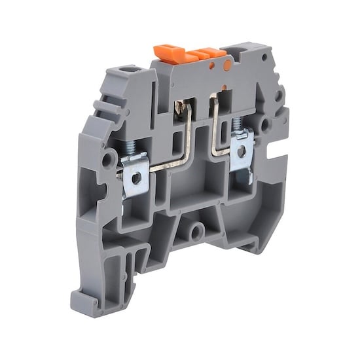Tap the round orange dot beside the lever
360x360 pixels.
[227, 66]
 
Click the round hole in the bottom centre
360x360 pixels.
[194, 231]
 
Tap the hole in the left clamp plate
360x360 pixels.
[136, 177]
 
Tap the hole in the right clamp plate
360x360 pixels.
[242, 151]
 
